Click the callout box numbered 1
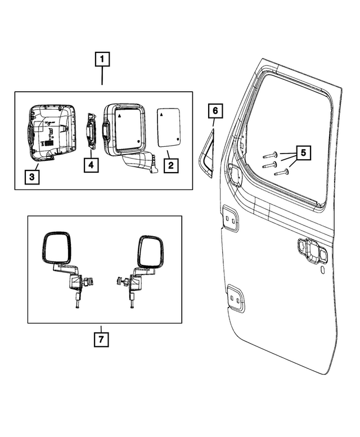tap(102, 58)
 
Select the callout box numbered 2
tap(169, 165)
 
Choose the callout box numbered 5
tap(303, 152)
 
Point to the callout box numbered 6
tap(215, 111)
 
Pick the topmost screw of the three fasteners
tap(268, 154)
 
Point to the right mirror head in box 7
tap(151, 250)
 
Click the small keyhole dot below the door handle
tap(322, 271)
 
